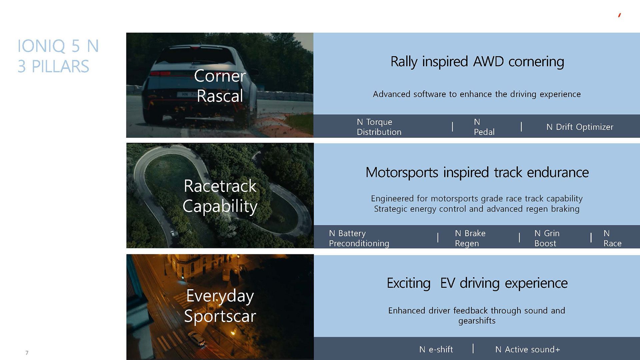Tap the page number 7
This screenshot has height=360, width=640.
click(x=27, y=353)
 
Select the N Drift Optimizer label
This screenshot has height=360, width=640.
click(x=580, y=127)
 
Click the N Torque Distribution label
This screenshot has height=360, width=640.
click(x=379, y=127)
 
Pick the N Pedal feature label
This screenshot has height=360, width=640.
click(x=484, y=127)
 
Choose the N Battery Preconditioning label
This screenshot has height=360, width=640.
click(x=359, y=238)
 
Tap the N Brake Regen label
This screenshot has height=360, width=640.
click(x=470, y=238)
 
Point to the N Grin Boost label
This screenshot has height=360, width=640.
click(x=547, y=238)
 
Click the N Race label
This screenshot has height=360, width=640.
click(x=612, y=238)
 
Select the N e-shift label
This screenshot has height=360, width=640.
click(x=436, y=349)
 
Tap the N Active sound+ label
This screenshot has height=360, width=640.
click(x=528, y=349)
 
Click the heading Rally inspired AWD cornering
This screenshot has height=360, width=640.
click(x=477, y=62)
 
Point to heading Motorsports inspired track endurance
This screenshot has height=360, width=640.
click(x=477, y=173)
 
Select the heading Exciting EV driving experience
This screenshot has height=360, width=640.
click(x=477, y=283)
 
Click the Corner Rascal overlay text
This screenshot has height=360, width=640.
click(x=220, y=86)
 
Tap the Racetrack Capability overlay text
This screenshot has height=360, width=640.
click(x=220, y=196)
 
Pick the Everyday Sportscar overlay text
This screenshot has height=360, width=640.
click(x=220, y=306)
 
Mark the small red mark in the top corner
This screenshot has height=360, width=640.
click(x=619, y=15)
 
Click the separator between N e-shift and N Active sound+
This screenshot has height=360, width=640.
click(x=473, y=349)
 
